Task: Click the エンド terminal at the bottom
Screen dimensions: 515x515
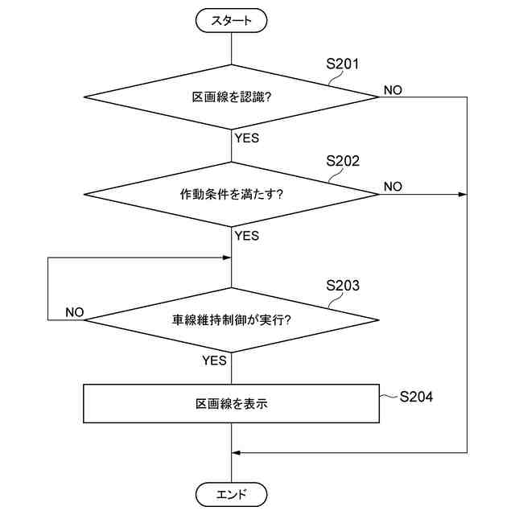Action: tap(231, 492)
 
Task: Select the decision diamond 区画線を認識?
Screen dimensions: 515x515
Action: tap(231, 97)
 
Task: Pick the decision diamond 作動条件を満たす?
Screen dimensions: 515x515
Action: tap(231, 194)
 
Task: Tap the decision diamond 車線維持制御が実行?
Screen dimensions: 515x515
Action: tap(231, 319)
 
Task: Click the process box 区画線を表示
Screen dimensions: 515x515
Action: tap(231, 404)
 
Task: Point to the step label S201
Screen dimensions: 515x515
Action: tap(342, 64)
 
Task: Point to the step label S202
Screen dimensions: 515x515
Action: tap(342, 161)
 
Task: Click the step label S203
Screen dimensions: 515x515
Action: tap(342, 286)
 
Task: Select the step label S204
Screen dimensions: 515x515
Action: tap(416, 396)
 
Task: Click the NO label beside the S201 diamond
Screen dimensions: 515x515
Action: tap(393, 89)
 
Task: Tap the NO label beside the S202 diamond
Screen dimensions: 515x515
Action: tap(393, 187)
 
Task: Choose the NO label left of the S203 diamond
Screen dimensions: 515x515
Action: tap(74, 311)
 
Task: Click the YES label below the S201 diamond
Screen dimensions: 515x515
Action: tap(246, 138)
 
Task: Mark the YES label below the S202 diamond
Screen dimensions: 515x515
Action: tap(246, 236)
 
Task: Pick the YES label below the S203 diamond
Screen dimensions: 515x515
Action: tap(214, 360)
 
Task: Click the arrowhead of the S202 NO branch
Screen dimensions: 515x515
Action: tap(463, 194)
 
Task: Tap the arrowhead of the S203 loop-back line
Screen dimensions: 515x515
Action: tap(227, 258)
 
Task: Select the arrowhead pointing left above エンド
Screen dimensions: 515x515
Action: tap(237, 452)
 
